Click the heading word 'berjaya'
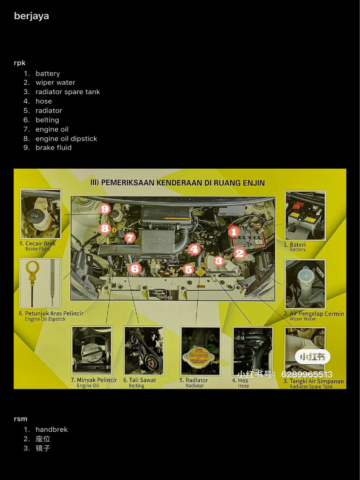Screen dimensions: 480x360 (31, 16)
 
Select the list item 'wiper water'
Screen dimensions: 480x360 (55, 82)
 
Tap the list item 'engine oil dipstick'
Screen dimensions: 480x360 (66, 139)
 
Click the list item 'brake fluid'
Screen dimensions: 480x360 (53, 148)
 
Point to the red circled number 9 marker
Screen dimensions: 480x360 (105, 209)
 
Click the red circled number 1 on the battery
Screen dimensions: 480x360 (233, 231)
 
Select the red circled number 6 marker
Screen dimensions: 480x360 (135, 269)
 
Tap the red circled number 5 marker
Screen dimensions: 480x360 (188, 269)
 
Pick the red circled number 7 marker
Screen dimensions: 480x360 (130, 238)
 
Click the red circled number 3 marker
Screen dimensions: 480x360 (218, 261)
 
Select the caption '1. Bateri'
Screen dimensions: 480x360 (295, 245)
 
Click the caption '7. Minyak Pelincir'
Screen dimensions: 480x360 (94, 380)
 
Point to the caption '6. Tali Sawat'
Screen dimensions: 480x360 (139, 380)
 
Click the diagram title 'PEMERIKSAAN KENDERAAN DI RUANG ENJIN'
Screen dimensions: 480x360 (177, 183)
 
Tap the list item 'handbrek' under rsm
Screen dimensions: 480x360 (52, 430)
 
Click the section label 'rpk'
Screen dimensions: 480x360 (20, 63)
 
